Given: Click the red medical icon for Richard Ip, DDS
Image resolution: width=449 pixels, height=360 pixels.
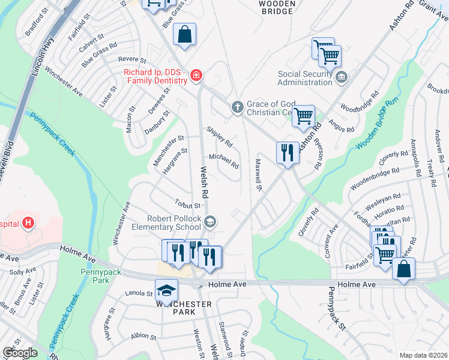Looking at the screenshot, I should (x=196, y=76).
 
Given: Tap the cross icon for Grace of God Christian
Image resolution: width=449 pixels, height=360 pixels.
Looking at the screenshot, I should (x=238, y=107).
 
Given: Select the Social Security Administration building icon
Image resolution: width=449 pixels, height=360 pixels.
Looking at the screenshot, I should (x=342, y=76).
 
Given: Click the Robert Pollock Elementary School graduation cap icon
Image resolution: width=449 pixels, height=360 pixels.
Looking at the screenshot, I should (x=209, y=222).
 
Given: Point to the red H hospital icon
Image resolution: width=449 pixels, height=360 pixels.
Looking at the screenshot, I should (x=27, y=224).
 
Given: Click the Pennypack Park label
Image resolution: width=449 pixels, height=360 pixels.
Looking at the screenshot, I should (x=101, y=276).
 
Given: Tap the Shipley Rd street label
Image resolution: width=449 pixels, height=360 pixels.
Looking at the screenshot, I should (x=219, y=137).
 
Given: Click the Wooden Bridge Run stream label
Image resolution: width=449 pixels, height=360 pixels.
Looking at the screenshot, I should (x=376, y=124).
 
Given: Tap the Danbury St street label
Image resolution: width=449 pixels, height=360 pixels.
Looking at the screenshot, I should (x=158, y=122).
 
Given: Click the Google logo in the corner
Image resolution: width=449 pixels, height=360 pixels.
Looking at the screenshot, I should (x=20, y=353).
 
